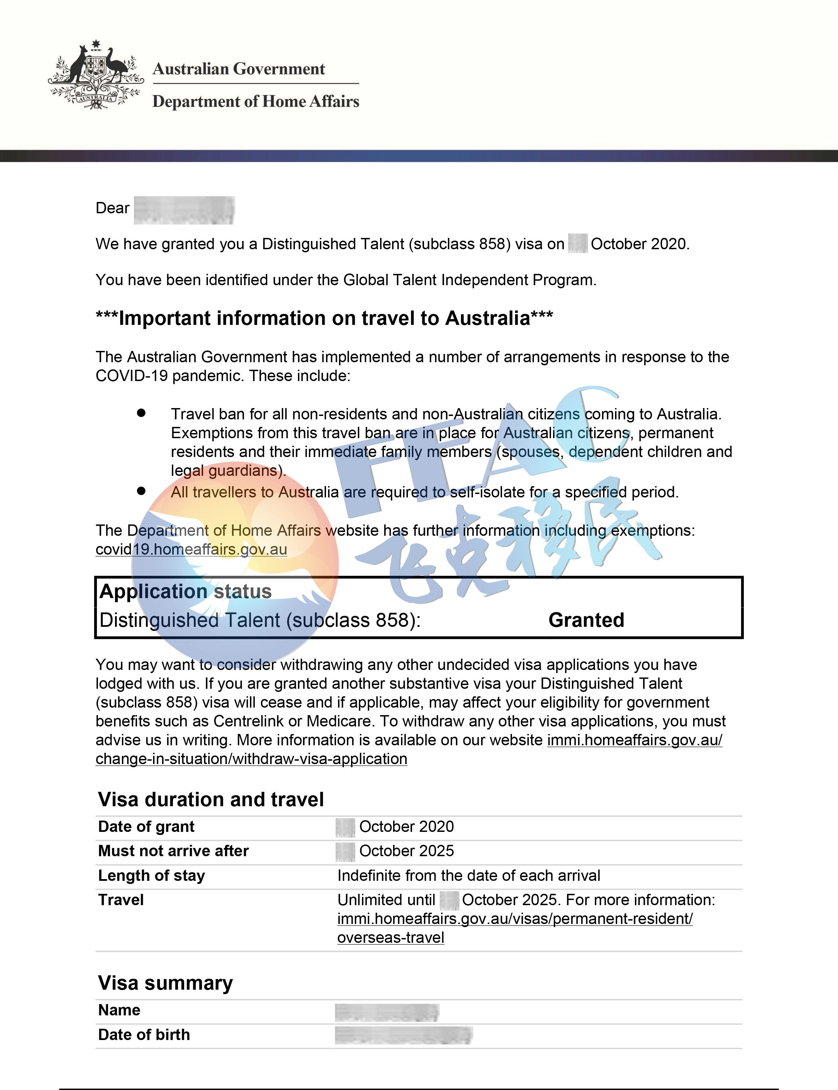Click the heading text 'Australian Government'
point(238,69)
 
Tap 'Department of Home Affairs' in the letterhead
point(255,101)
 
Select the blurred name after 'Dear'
point(184,210)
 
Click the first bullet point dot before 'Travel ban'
point(141,413)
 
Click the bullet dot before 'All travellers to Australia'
point(141,491)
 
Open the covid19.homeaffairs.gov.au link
point(191,549)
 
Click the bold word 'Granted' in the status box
point(586,620)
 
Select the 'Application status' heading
point(186,591)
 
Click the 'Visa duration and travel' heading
point(211,799)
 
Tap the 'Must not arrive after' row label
point(173,851)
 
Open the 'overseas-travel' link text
point(390,937)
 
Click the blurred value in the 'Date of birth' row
point(403,1035)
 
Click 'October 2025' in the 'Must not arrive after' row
point(407,851)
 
